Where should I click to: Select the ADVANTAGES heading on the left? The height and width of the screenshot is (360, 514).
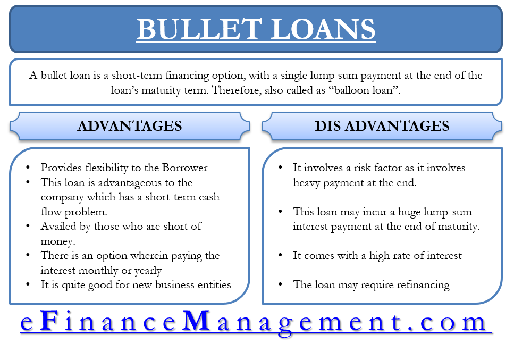tap(130, 126)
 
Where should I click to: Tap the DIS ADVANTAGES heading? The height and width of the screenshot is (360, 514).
tap(382, 126)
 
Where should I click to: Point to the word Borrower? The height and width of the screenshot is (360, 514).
tap(182, 168)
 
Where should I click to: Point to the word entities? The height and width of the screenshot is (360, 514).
tap(212, 284)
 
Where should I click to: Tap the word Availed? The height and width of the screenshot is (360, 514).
tap(59, 226)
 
